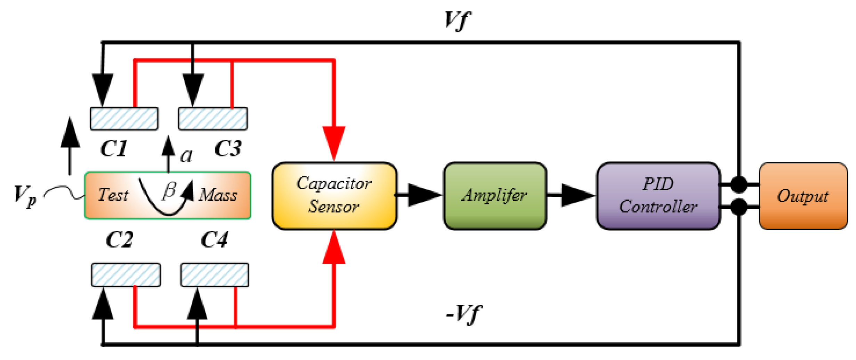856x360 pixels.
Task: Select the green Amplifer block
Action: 495,196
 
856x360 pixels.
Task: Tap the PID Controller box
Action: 658,196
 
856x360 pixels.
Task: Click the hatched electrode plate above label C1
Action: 124,119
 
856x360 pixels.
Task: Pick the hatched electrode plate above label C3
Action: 213,119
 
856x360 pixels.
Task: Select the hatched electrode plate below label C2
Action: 126,275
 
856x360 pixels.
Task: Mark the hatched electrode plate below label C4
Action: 215,275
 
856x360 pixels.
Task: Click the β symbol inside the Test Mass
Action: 170,191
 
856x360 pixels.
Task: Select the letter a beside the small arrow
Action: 186,155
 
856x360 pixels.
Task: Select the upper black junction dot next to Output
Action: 739,184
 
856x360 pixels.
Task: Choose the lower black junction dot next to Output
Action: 739,207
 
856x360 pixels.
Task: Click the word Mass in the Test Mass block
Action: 218,195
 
